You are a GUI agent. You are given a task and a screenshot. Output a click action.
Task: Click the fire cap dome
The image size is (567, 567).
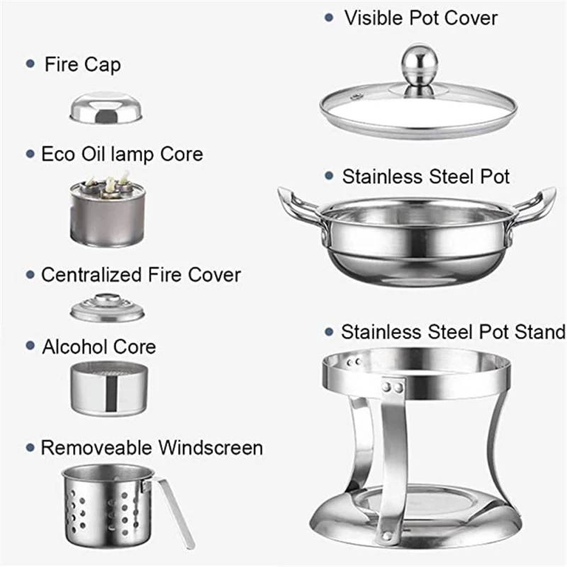[x=106, y=108]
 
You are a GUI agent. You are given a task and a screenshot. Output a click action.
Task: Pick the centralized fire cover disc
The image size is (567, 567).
[x=108, y=308]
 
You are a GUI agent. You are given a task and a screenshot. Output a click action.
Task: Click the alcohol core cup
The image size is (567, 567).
[x=109, y=388]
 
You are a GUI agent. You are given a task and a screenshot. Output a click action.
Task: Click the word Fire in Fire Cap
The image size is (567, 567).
[x=62, y=64]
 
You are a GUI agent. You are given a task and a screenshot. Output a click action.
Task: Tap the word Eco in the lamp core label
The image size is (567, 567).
[x=58, y=154]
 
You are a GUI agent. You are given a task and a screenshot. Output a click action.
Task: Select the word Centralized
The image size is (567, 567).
[x=91, y=275]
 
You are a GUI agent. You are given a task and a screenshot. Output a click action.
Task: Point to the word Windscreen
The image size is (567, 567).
[x=210, y=448]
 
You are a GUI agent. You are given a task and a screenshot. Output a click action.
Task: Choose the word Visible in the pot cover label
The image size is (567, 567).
[x=374, y=18]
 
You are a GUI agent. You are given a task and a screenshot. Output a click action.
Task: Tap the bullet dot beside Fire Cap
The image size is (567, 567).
[x=30, y=64]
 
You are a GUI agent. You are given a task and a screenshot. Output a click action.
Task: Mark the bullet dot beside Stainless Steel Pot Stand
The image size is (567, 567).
[x=329, y=332]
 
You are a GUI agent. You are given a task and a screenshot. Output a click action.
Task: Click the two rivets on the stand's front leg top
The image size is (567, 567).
[x=393, y=388]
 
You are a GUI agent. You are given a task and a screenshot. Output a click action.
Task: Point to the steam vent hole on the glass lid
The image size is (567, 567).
[x=357, y=96]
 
